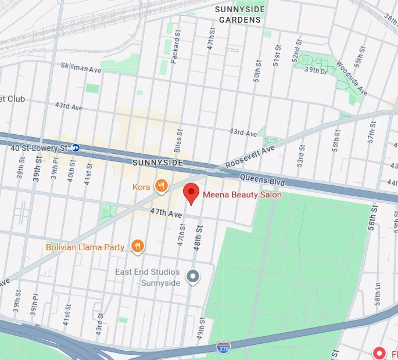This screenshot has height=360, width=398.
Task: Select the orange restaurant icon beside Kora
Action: (162, 186)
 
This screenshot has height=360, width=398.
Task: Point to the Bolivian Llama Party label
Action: (85, 247)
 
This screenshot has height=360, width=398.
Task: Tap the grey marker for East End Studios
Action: (192, 277)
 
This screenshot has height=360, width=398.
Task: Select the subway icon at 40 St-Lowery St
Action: (76, 148)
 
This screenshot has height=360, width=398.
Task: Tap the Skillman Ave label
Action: (81, 69)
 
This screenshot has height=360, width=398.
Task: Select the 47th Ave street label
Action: (166, 214)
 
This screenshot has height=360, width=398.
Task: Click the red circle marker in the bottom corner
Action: (379, 352)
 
